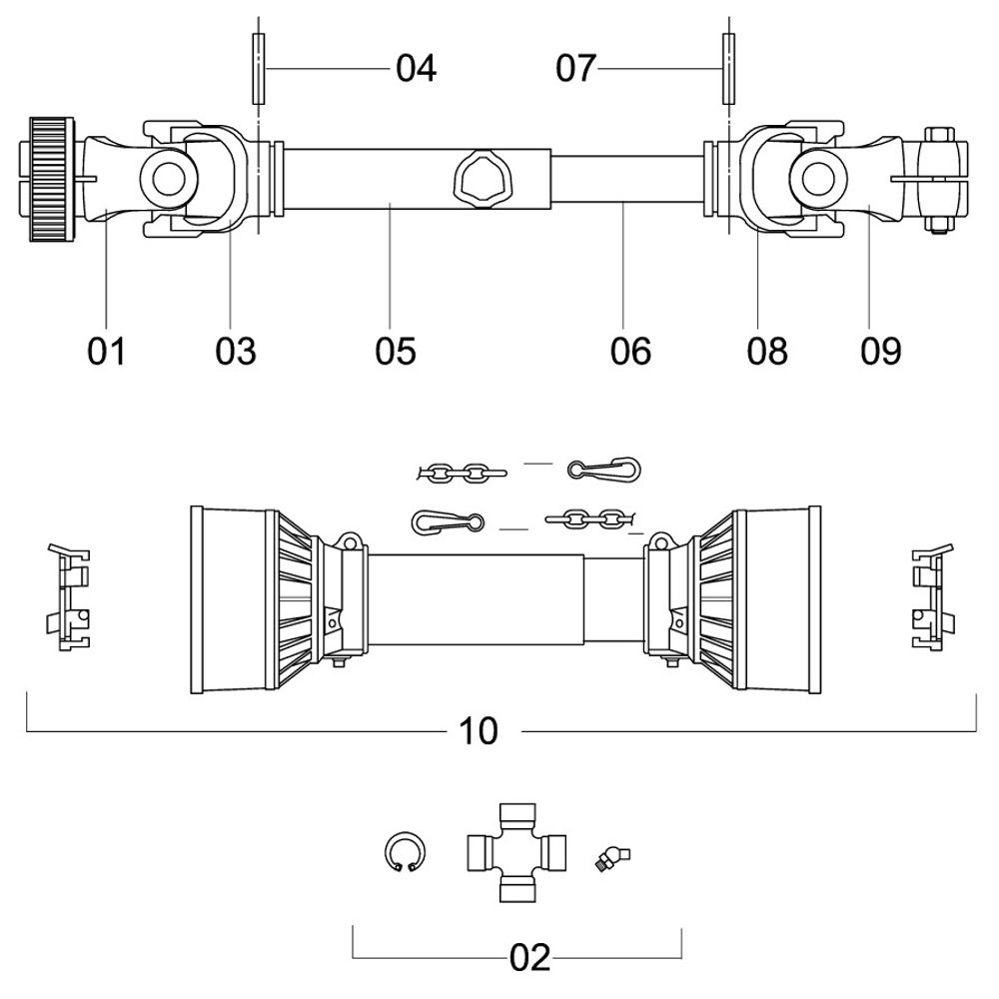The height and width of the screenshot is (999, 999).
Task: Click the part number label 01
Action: [107, 351]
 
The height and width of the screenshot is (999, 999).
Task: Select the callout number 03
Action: [236, 351]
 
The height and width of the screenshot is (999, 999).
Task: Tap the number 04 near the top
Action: [416, 69]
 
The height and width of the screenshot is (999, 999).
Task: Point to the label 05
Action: [396, 351]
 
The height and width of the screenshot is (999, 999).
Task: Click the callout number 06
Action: [630, 351]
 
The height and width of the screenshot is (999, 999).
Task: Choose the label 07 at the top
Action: [575, 69]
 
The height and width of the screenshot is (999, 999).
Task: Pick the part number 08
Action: [767, 351]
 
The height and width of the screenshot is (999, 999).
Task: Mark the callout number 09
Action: [880, 351]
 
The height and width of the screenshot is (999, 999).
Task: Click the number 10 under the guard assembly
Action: [479, 731]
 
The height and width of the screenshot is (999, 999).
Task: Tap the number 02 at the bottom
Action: [529, 958]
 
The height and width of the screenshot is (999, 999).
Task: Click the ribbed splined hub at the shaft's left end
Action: [50, 178]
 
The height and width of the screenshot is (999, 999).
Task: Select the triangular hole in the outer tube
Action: [484, 180]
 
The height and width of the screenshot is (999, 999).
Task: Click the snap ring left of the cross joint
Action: [405, 852]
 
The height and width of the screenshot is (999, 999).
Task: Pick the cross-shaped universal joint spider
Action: [515, 852]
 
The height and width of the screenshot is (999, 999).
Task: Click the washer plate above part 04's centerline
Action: [259, 69]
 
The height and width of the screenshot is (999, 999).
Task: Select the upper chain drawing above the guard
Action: [462, 469]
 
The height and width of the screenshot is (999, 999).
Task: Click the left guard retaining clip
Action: [69, 597]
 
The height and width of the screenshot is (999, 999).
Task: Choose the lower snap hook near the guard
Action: [446, 521]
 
